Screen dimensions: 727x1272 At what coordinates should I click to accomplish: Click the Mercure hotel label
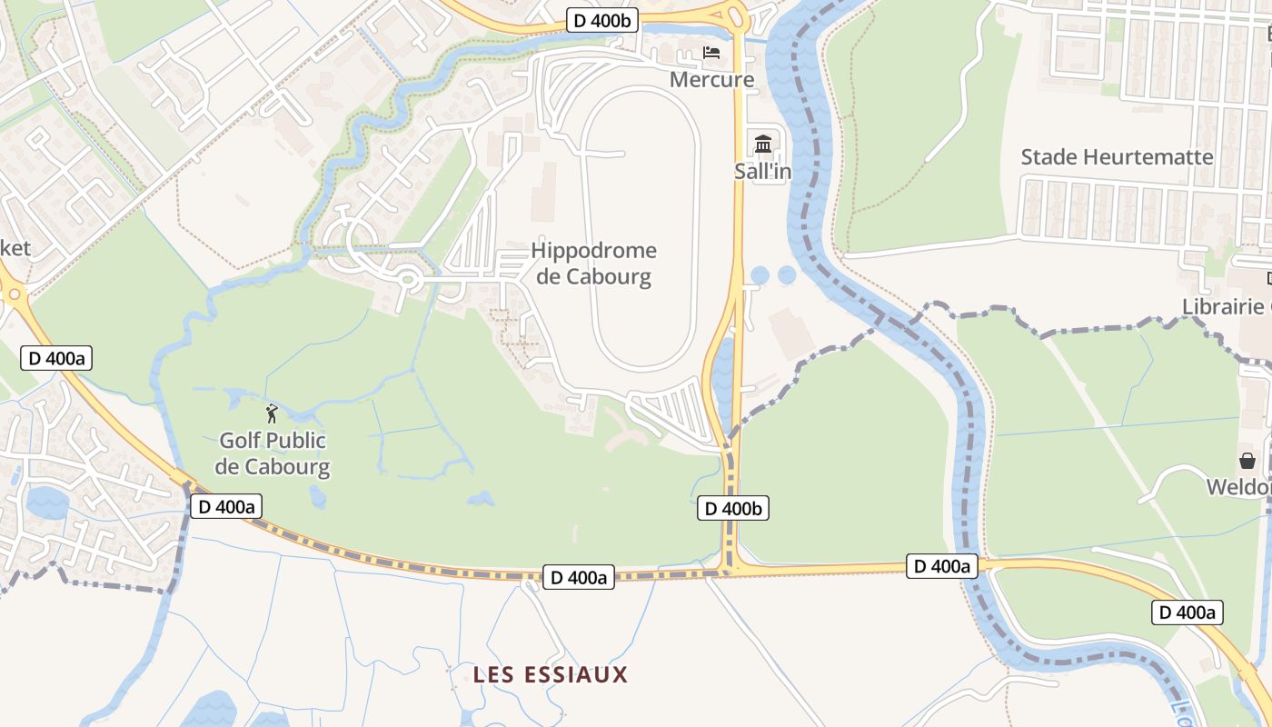coord(711,80)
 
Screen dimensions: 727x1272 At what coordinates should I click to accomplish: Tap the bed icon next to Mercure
coord(711,53)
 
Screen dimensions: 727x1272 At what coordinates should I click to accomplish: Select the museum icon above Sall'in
coord(762,144)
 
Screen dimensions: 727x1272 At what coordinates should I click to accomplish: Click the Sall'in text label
coord(762,172)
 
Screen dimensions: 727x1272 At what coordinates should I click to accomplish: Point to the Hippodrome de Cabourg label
coord(594,263)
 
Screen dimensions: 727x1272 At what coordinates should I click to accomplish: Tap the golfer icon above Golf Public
coord(272,414)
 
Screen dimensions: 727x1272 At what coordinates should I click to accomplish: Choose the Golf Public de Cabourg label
coord(273,454)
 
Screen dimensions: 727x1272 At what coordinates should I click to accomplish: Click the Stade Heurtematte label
coord(1117,157)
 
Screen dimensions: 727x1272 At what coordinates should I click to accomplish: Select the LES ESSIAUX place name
coord(551,674)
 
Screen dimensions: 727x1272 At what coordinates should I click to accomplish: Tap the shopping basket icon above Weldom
coord(1247,461)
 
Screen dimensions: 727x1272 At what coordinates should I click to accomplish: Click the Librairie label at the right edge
coord(1224,306)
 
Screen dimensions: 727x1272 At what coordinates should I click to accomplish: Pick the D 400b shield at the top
coord(602,20)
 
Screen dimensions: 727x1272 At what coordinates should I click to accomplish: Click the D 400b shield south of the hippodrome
coord(733,509)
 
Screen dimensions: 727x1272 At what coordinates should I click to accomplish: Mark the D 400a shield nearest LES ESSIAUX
coord(579,577)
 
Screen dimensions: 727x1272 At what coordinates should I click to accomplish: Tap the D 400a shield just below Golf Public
coord(226,506)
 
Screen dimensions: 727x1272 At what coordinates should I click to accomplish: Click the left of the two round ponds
coord(760,274)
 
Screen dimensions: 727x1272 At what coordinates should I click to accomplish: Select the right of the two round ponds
coord(787,274)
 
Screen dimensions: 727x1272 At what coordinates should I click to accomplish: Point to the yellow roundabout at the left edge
coord(12,294)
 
